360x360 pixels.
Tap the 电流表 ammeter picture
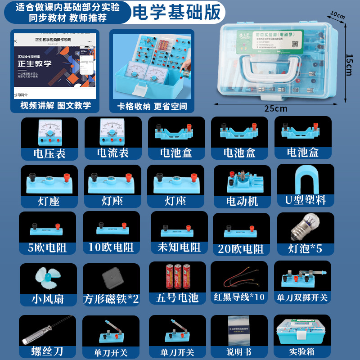(x=112, y=132)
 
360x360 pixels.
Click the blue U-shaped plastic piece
(x=306, y=180)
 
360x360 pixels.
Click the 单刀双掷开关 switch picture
(x=302, y=279)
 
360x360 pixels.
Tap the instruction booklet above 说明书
(x=239, y=331)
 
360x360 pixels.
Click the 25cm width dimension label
(x=275, y=108)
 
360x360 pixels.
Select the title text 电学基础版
(x=176, y=13)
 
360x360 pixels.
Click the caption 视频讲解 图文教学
(x=55, y=106)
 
